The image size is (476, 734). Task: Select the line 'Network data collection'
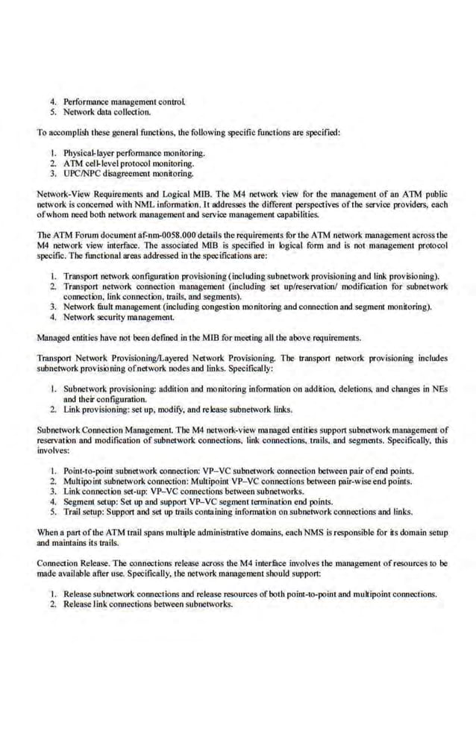click(107, 112)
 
